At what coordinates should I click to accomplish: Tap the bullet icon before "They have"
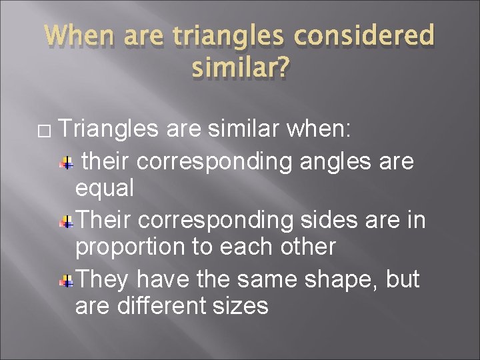(67, 281)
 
